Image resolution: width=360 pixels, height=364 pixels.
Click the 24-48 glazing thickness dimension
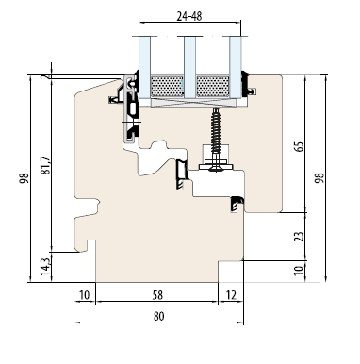189,16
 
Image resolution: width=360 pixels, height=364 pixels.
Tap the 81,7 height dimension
46,165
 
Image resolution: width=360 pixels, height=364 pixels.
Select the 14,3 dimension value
45,267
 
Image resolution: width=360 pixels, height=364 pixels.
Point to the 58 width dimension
157,295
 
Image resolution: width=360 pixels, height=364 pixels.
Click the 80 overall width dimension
158,316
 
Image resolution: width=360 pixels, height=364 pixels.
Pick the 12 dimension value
231,295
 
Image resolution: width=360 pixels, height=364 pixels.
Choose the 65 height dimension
300,146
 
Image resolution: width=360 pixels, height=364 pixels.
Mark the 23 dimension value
300,237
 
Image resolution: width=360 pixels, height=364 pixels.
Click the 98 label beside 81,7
25,178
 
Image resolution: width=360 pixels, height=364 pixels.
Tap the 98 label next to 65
319,178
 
